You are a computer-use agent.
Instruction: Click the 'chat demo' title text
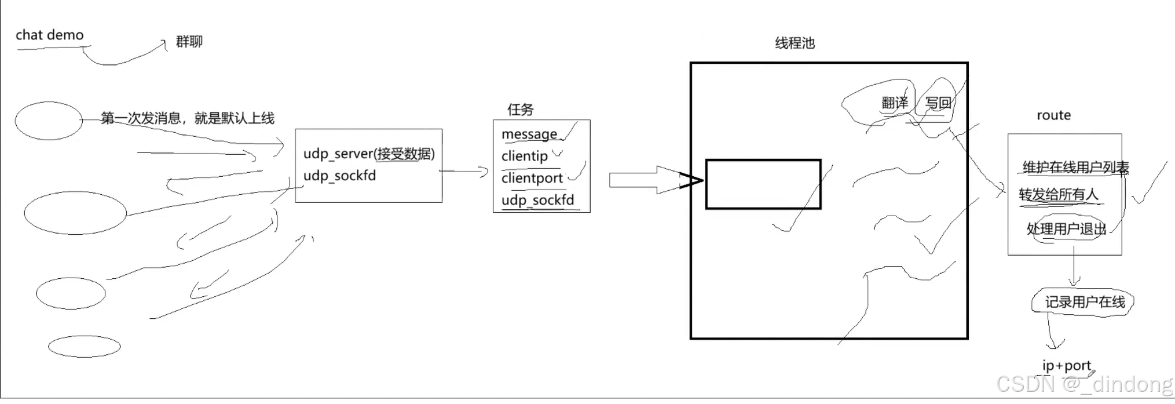point(49,35)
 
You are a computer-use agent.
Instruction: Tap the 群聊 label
point(189,42)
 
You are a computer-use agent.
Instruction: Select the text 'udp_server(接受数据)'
point(369,154)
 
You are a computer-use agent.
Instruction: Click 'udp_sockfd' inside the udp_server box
point(339,176)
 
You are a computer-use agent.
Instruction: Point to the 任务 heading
point(520,109)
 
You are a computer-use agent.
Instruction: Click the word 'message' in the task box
point(529,134)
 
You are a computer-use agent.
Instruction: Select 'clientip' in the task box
point(524,156)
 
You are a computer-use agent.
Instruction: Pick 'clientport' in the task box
point(532,179)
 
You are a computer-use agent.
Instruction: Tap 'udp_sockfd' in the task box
point(537,201)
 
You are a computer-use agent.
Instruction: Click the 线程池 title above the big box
point(795,43)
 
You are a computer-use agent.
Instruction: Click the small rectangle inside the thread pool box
point(763,184)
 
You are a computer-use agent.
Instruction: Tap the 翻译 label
point(895,103)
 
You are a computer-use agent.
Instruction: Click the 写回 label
point(938,103)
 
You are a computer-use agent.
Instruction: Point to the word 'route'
point(1053,115)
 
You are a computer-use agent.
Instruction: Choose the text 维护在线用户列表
point(1075,168)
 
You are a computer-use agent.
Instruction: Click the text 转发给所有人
point(1058,195)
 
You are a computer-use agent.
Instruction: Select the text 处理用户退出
point(1066,229)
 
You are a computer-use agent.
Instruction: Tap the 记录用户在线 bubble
point(1084,302)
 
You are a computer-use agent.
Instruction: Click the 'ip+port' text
point(1066,366)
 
